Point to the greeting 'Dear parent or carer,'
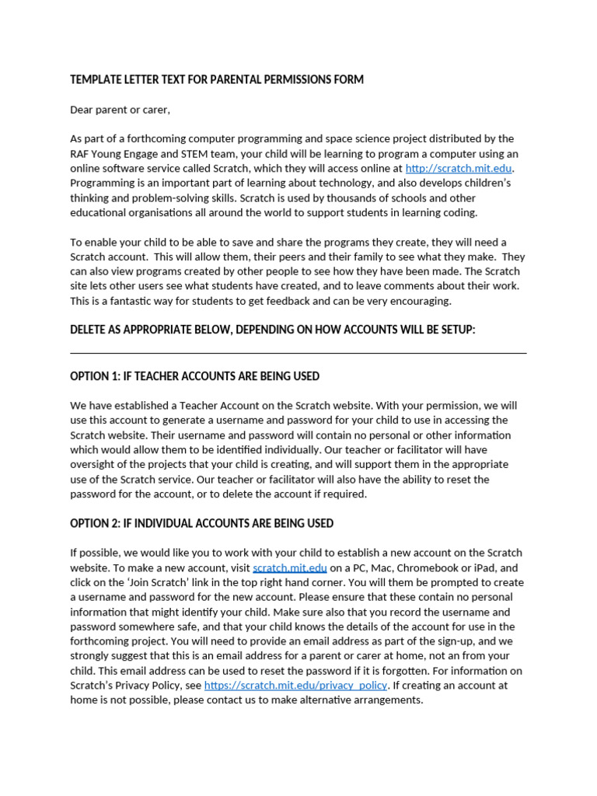(x=120, y=110)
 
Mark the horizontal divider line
(x=298, y=353)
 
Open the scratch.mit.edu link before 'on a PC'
(x=290, y=568)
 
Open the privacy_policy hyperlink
(x=295, y=686)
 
